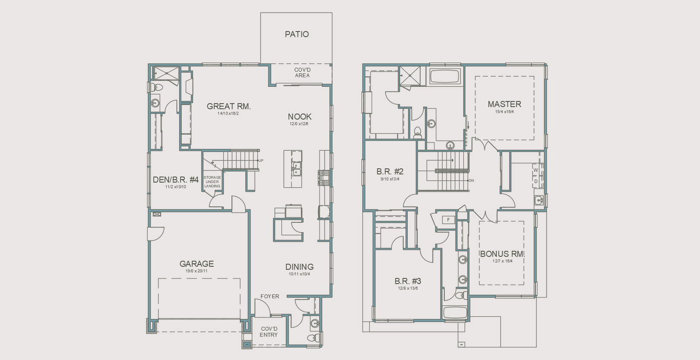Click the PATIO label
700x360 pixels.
click(x=297, y=34)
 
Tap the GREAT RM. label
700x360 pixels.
click(x=228, y=106)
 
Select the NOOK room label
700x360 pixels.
click(x=299, y=117)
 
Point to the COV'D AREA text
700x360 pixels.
click(x=302, y=73)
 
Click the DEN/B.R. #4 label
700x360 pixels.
click(x=175, y=180)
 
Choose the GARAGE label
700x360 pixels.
click(x=196, y=264)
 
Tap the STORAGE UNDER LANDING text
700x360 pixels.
click(x=212, y=182)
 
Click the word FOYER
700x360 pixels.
click(x=269, y=297)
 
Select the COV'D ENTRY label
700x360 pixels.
click(x=269, y=332)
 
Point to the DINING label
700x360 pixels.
click(x=299, y=267)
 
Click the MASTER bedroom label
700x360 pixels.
click(x=504, y=104)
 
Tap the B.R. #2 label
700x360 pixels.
click(x=390, y=172)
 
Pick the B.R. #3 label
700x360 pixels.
click(x=407, y=281)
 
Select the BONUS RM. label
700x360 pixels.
click(x=502, y=254)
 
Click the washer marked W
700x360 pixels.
click(x=536, y=170)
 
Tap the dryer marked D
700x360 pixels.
click(x=536, y=181)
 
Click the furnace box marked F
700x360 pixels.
click(x=448, y=220)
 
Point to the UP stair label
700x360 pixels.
click(x=261, y=161)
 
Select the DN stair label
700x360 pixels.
click(x=471, y=180)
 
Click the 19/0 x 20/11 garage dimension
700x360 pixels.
click(x=196, y=271)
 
